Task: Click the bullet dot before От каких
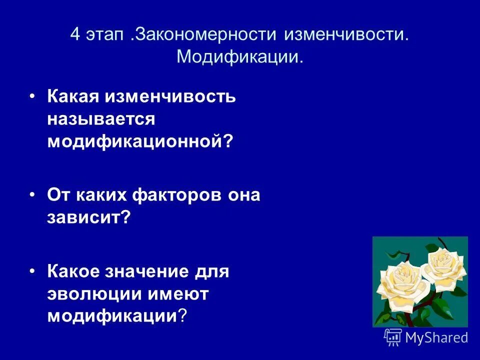pos(32,194)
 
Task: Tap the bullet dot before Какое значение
pos(32,270)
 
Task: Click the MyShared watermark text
pos(436,337)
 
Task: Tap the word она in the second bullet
pos(244,195)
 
